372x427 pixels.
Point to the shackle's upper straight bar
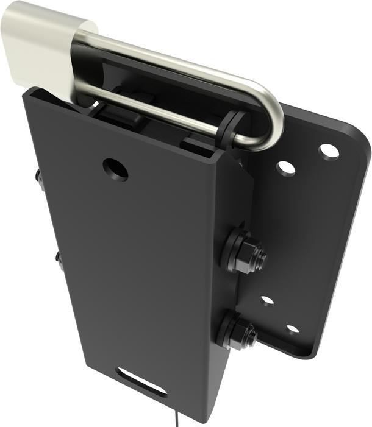[x=183, y=61]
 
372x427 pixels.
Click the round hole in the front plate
[x=115, y=169]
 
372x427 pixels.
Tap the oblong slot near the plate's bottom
[x=141, y=381]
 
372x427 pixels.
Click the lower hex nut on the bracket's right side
[x=240, y=332]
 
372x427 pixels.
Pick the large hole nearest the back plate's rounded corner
[x=329, y=150]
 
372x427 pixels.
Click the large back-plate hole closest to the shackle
[x=285, y=168]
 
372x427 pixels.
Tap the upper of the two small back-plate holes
[x=267, y=300]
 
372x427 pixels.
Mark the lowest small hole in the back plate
[x=293, y=330]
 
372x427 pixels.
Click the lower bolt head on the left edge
[x=59, y=260]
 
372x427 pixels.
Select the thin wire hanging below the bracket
[x=176, y=419]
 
